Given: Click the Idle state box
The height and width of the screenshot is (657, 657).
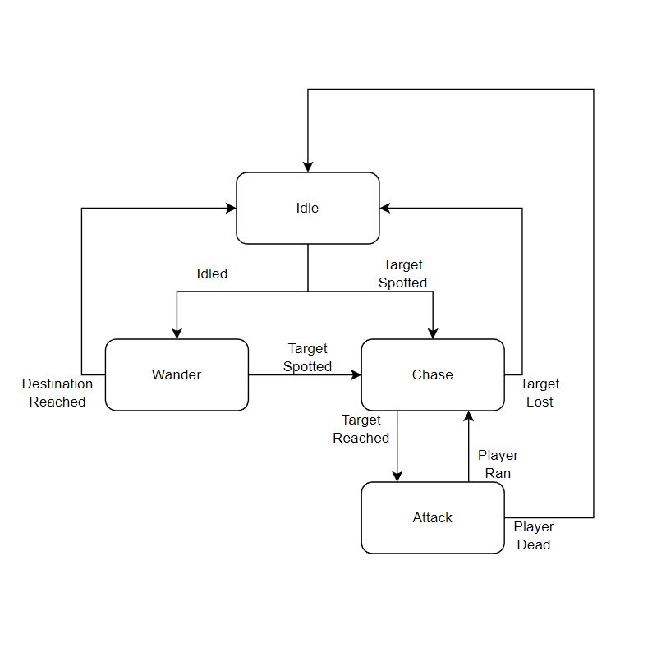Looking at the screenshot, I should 307,208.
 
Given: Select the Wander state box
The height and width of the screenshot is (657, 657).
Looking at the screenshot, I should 177,374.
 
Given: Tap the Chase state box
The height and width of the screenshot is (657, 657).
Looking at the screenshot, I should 433,374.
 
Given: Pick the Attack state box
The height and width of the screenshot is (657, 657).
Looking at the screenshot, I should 433,517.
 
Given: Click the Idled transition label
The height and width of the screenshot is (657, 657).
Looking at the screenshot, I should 212,273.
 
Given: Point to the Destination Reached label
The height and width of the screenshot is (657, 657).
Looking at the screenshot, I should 57,393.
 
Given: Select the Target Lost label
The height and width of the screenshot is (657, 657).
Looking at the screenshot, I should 540,393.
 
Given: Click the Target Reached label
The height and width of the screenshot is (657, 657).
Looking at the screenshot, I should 361,430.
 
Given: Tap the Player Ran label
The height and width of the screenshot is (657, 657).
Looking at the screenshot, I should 498,464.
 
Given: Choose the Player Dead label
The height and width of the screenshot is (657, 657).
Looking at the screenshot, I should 534,535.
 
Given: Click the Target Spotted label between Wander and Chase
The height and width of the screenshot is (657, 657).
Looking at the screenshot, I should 308,357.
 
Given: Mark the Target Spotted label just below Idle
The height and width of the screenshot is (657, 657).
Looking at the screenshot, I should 402,273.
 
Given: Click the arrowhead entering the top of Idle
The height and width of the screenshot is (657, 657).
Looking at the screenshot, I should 308,167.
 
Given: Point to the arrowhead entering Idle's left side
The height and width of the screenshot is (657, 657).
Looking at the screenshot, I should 231,209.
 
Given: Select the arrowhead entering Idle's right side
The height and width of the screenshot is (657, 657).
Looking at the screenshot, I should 385,209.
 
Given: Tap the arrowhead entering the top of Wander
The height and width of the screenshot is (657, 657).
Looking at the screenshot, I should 177,333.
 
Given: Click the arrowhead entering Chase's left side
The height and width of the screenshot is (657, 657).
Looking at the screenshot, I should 356,374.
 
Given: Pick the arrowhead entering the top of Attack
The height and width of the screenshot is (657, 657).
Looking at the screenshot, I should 397,476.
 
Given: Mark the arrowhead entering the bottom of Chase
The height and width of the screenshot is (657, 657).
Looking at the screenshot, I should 468,416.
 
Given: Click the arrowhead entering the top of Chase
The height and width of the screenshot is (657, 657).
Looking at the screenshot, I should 433,333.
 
